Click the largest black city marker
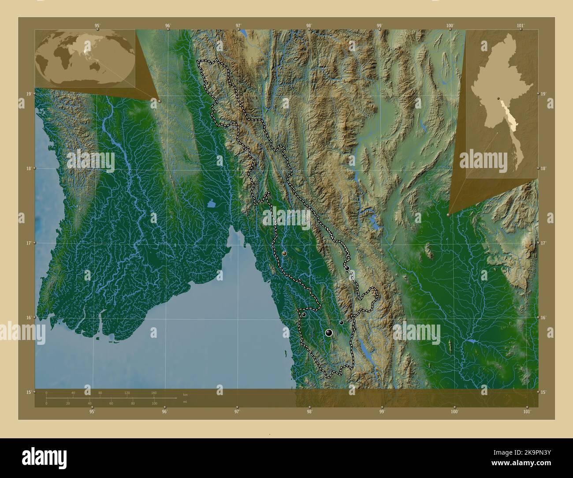[328, 333]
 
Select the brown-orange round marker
[284, 254]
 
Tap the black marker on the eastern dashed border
[347, 268]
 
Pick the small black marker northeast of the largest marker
[341, 323]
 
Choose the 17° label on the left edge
[28, 243]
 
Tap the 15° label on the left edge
[28, 392]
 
